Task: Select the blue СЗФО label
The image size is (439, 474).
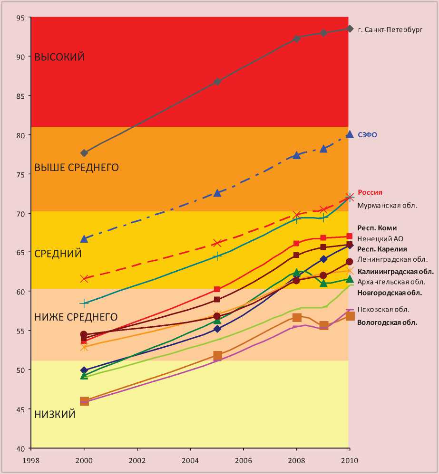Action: (x=367, y=135)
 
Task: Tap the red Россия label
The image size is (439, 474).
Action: (x=370, y=192)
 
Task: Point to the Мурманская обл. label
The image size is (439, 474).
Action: (x=387, y=206)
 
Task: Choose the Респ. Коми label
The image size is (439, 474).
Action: (x=377, y=228)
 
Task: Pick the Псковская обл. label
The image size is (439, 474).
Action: (x=383, y=310)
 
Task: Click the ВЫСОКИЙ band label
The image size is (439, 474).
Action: (x=59, y=57)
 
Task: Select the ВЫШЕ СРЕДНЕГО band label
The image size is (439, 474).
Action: (x=77, y=167)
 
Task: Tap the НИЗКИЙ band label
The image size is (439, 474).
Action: (x=55, y=415)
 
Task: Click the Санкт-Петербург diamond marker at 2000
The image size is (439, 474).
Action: (x=84, y=153)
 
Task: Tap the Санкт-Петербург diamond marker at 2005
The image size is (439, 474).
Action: (x=217, y=82)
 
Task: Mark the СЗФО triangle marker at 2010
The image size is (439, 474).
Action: (x=350, y=135)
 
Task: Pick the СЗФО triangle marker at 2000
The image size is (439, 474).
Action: (x=84, y=238)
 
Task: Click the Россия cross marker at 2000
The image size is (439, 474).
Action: (x=84, y=279)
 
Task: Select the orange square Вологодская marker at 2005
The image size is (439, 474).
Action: (x=217, y=356)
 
